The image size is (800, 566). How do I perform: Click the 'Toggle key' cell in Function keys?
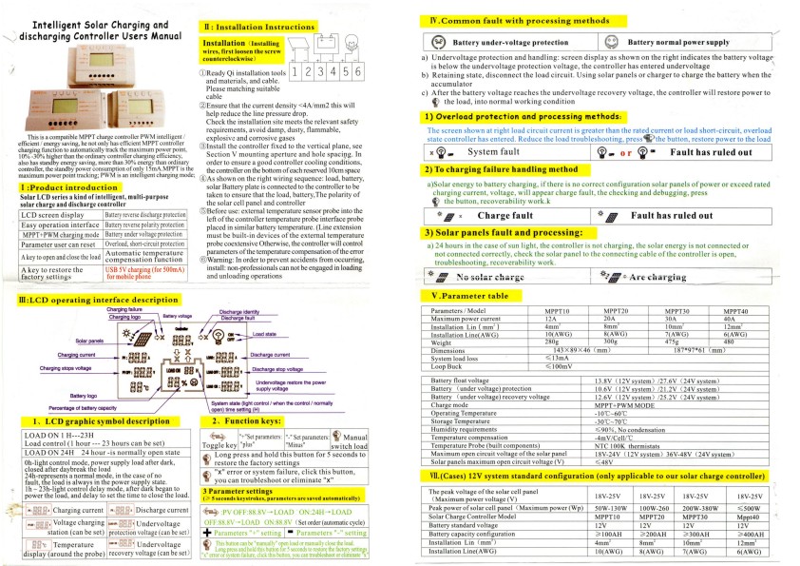(219, 443)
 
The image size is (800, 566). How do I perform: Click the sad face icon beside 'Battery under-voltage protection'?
(438, 43)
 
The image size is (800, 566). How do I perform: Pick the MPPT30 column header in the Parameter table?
(677, 311)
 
